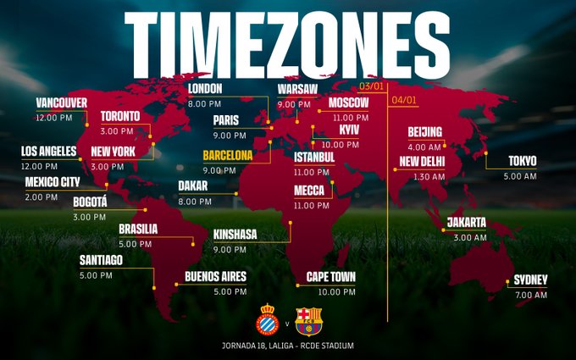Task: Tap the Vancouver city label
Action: point(62,102)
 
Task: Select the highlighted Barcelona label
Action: point(228,155)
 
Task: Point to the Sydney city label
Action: point(531,280)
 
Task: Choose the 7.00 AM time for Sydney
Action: point(531,295)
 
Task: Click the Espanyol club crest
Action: point(268,322)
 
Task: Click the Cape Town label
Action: point(331,277)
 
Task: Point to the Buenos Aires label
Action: point(215,276)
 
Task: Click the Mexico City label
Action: point(53,181)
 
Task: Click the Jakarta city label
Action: point(467,222)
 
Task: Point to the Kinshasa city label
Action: point(235,234)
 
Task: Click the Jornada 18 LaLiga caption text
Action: point(288,346)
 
